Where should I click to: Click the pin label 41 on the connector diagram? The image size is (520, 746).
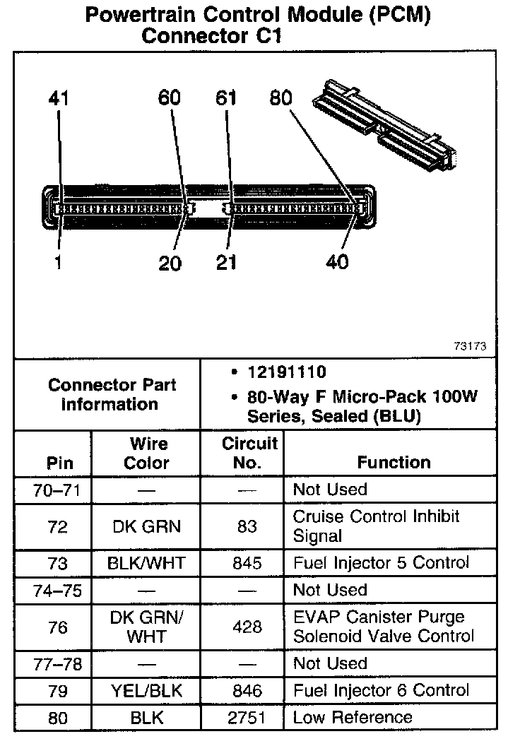tap(59, 98)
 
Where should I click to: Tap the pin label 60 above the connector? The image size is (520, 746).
tap(170, 98)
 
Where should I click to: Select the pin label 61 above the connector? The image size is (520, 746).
tap(226, 98)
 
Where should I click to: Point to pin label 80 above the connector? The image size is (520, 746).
tap(280, 98)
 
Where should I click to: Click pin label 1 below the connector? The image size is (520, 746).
tap(58, 263)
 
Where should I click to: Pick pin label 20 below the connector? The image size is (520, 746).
tap(170, 264)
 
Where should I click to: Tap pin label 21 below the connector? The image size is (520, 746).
tap(226, 263)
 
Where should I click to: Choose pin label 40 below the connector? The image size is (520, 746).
tap(338, 262)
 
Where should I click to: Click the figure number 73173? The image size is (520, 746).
tap(471, 347)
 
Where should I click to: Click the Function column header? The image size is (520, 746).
tap(394, 463)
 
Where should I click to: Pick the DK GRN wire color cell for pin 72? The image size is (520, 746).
tap(146, 526)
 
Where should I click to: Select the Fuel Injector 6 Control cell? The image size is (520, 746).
tap(381, 690)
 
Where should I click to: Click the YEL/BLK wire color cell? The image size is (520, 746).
tap(146, 690)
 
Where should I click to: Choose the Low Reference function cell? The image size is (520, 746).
tap(353, 718)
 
